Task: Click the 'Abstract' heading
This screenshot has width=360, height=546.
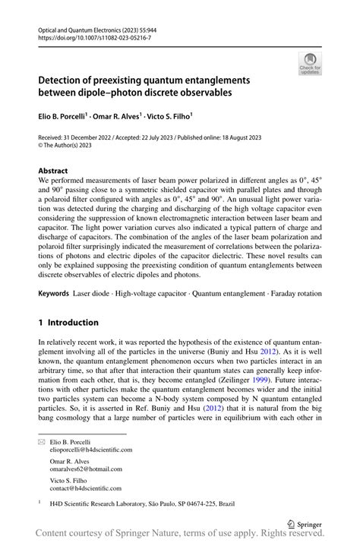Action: [x=53, y=172]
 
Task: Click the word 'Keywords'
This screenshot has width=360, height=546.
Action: [x=55, y=292]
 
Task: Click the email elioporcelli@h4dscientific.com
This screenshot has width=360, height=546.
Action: [x=90, y=449]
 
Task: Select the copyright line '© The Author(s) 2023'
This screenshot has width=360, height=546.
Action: [x=70, y=147]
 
